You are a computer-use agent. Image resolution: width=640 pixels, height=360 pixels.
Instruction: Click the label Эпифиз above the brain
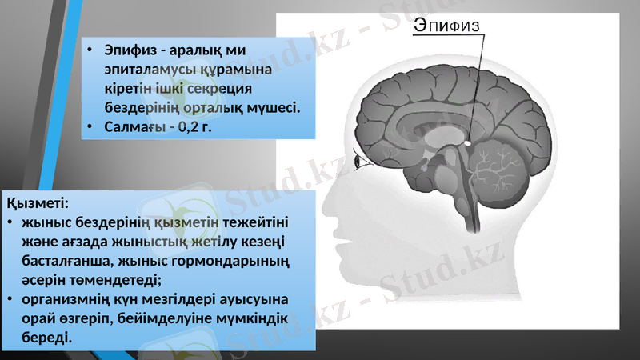click(446, 27)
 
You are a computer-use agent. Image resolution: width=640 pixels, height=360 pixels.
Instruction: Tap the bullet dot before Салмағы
click(91, 126)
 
